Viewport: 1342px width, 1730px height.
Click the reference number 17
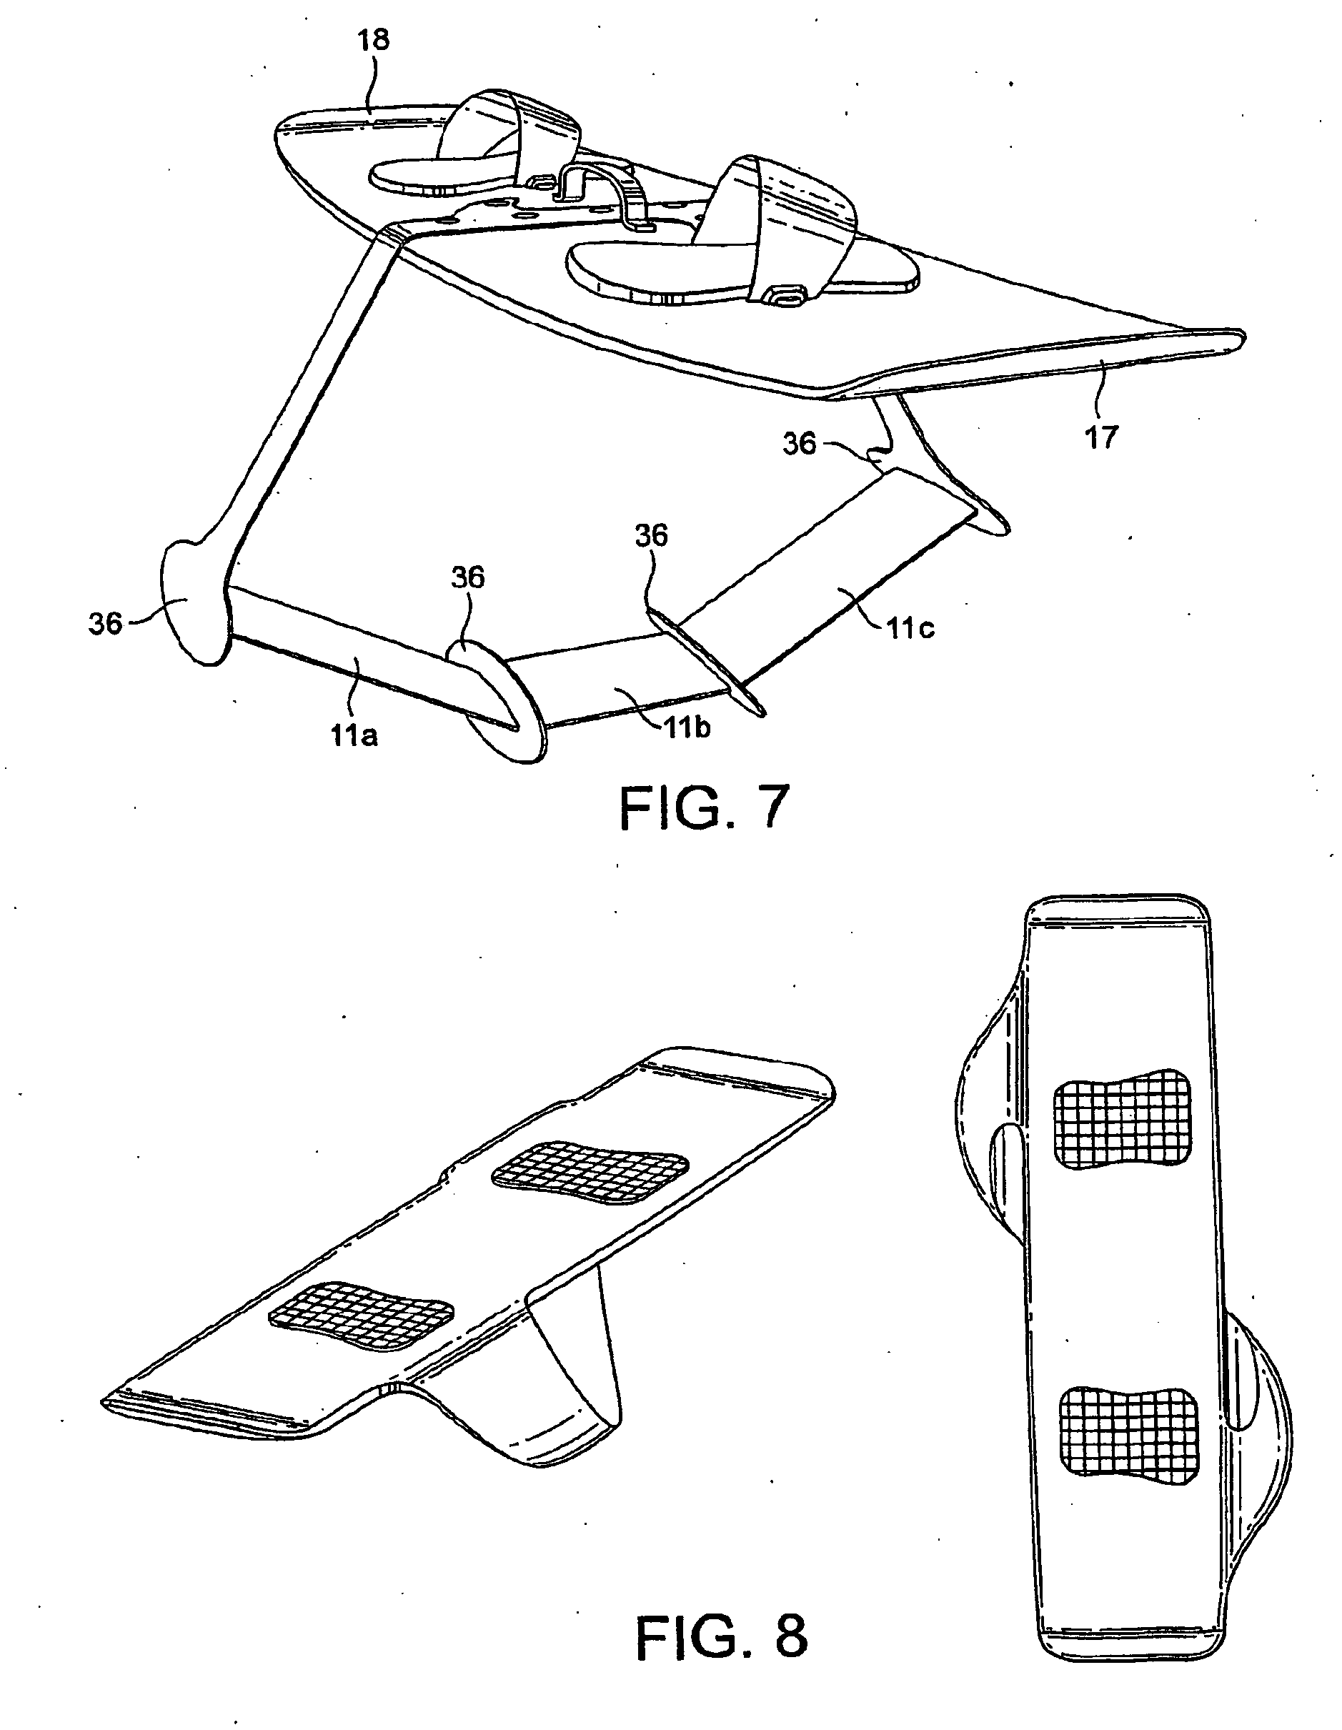click(1100, 437)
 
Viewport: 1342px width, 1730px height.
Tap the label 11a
click(354, 736)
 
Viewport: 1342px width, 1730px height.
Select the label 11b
click(686, 727)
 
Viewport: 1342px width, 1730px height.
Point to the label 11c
click(910, 628)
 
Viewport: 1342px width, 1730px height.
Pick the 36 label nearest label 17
click(800, 444)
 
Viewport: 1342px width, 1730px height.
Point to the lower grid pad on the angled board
click(362, 1316)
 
